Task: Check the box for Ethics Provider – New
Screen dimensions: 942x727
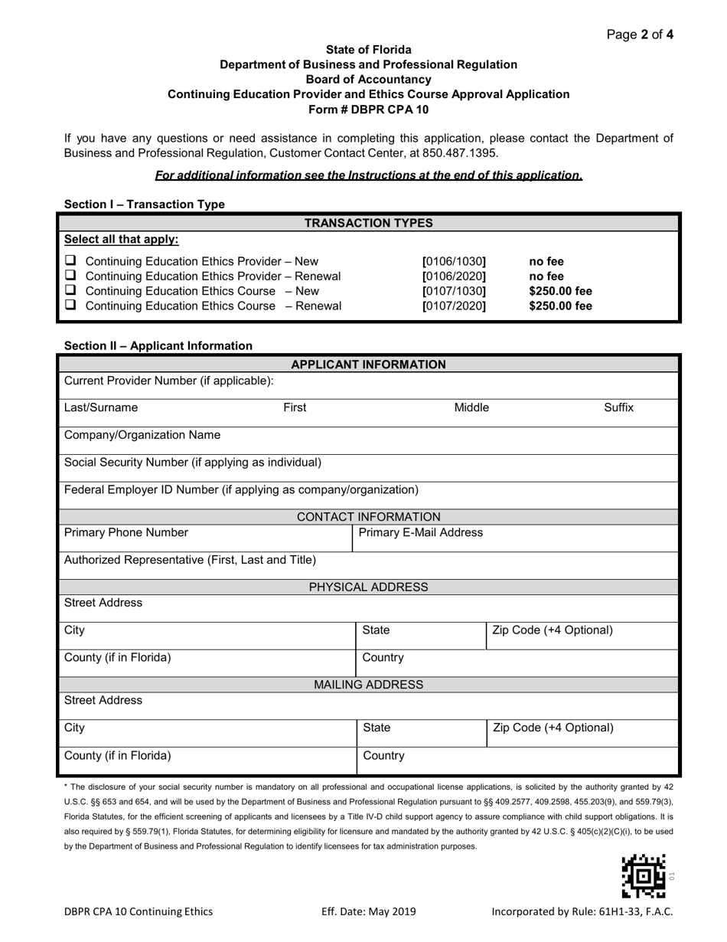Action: tap(70, 261)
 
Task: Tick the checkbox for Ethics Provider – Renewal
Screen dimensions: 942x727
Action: tap(70, 276)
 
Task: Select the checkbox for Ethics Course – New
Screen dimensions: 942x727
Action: tap(70, 291)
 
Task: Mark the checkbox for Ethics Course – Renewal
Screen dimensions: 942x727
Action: tap(70, 306)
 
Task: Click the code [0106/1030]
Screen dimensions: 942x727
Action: tap(454, 261)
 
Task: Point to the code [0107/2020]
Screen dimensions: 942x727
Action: tap(454, 306)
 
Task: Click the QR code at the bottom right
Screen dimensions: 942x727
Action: tap(643, 875)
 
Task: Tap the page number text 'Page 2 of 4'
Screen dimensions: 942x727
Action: tap(640, 34)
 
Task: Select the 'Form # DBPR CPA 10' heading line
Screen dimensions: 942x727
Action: tap(368, 109)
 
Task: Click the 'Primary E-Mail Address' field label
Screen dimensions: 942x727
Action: tap(421, 532)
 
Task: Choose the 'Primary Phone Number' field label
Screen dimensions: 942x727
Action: tap(126, 532)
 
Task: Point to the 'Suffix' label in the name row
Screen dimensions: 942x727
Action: tap(618, 407)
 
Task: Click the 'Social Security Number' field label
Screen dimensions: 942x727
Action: tap(193, 462)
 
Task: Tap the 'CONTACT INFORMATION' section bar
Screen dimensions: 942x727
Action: tap(368, 517)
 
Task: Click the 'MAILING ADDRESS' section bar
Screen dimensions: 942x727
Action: tap(368, 684)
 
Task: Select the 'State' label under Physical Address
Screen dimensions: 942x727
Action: tap(376, 630)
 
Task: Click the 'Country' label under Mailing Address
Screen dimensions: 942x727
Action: tap(383, 755)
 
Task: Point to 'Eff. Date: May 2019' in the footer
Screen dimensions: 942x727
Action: tap(368, 911)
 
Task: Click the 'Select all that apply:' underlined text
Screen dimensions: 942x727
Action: tap(121, 239)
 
